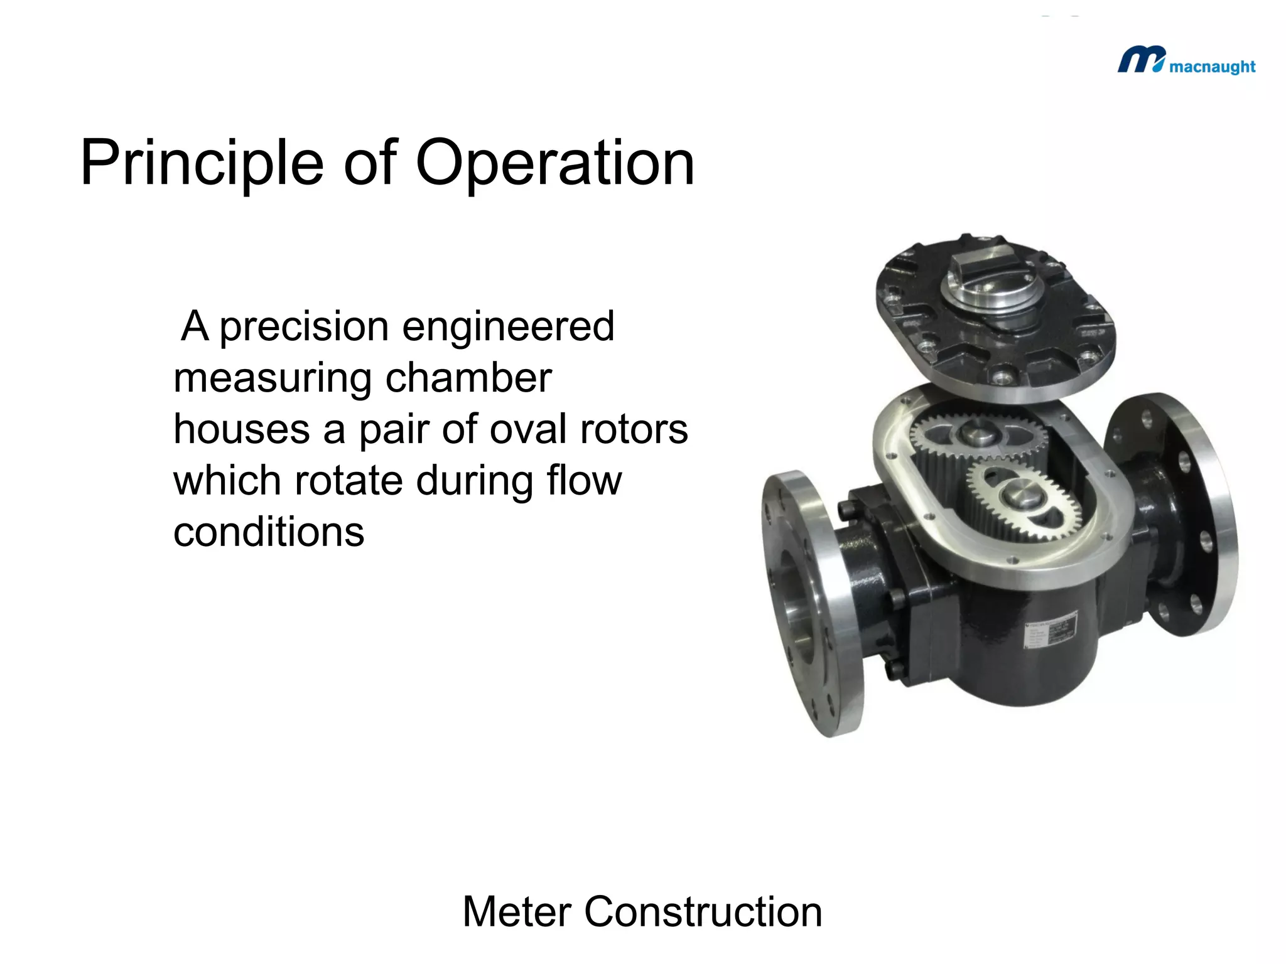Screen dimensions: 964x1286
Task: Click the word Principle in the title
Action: (202, 164)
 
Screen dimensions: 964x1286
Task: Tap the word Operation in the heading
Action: (555, 164)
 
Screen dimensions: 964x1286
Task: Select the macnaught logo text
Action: (1212, 67)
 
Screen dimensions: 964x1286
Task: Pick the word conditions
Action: (269, 533)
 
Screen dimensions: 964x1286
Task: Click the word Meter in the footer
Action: (517, 912)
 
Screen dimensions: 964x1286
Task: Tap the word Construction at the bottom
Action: (703, 912)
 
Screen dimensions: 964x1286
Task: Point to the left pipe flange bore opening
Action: (795, 602)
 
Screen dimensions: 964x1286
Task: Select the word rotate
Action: (349, 481)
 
